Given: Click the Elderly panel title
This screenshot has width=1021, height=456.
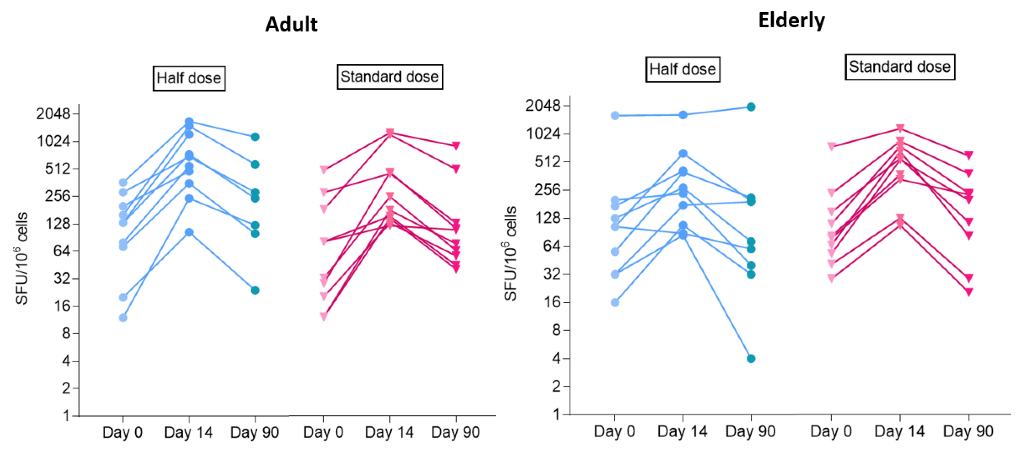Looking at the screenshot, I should [791, 21].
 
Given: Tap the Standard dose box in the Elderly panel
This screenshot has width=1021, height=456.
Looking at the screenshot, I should [899, 67].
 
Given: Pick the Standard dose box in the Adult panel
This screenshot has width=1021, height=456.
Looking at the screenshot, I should [389, 77].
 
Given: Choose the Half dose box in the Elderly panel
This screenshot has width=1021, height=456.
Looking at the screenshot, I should [682, 69].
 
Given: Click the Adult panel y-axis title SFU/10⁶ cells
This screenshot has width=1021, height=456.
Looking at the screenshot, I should [21, 258].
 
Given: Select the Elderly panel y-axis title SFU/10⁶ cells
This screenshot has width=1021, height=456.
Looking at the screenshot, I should [510, 254].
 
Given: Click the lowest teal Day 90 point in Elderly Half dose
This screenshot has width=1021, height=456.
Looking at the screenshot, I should [751, 359].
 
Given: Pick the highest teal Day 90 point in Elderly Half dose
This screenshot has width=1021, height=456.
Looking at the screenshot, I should [751, 107].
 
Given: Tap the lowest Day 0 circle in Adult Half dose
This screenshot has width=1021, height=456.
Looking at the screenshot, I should [123, 318].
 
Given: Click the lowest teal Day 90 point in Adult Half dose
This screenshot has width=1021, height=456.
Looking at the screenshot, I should [255, 291].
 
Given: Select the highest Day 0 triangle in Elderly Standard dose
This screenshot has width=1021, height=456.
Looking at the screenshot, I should [832, 146].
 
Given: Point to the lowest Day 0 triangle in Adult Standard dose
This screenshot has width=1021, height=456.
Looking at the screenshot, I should [324, 316].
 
